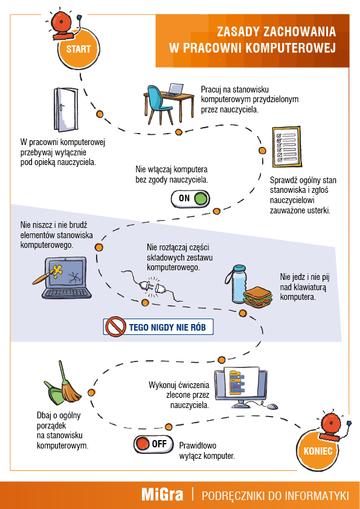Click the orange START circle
pos(79,50)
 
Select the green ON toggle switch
pos(190,198)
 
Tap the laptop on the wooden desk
pos(175,90)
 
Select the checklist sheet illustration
pos(286,146)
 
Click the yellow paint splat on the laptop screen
pos(59,271)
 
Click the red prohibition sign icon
pos(116,326)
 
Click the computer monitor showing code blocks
pos(241,389)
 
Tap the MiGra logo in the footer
pos(162,495)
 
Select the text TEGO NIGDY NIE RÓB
pos(167,327)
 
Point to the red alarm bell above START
pos(63,24)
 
